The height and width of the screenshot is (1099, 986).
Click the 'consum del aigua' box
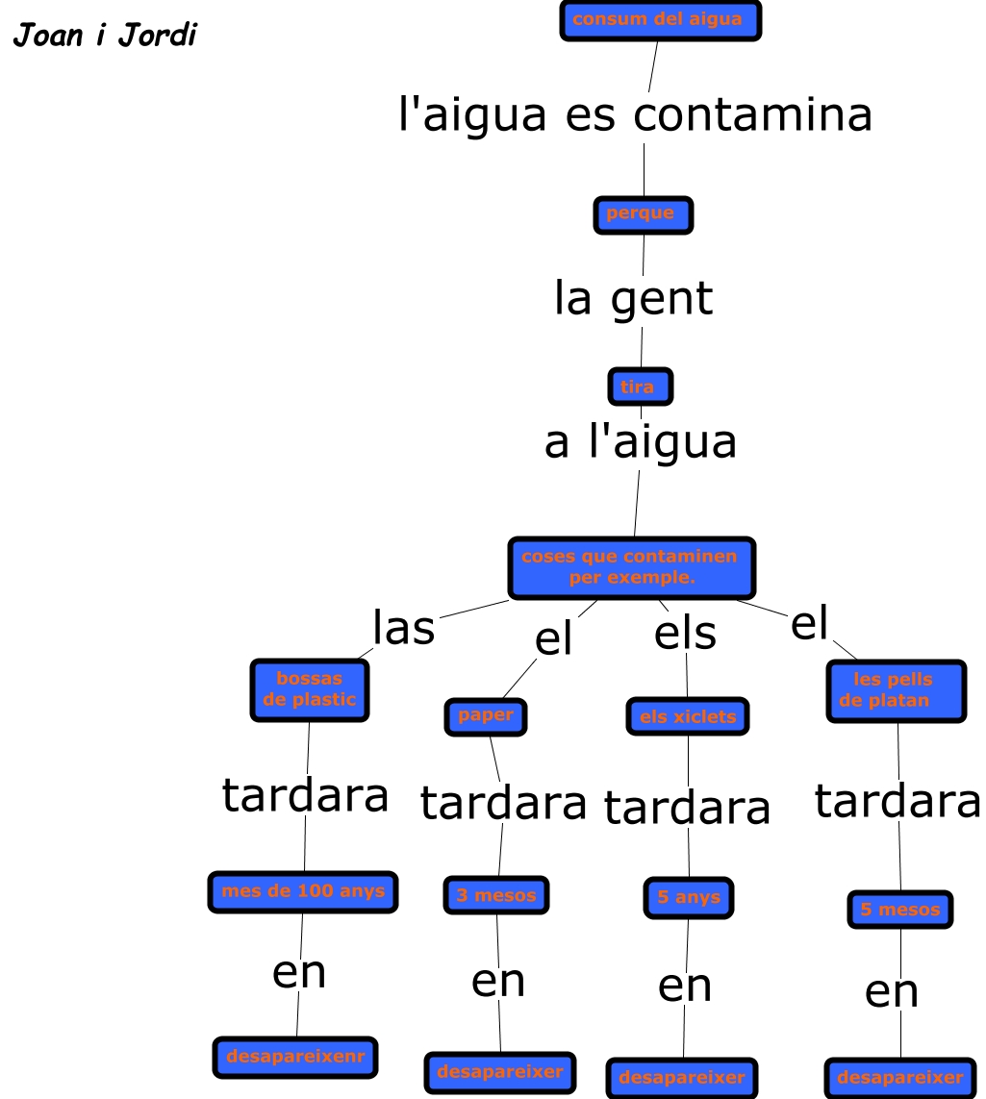click(x=660, y=20)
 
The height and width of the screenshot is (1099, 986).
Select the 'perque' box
click(x=643, y=213)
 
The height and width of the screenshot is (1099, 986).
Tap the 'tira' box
click(x=640, y=387)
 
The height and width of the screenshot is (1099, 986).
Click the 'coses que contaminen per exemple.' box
click(x=631, y=567)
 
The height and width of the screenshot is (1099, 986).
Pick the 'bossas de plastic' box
click(x=310, y=689)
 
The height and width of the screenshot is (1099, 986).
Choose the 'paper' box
click(x=486, y=716)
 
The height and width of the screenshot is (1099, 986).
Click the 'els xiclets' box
click(x=687, y=716)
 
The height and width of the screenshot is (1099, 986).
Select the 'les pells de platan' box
click(x=896, y=690)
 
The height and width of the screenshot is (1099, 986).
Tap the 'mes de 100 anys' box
click(x=303, y=891)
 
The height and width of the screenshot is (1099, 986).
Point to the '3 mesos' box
click(x=496, y=895)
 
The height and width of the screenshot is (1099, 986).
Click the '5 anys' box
click(x=689, y=898)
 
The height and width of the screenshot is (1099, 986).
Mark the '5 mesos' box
click(x=900, y=910)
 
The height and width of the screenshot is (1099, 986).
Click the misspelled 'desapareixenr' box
click(x=295, y=1057)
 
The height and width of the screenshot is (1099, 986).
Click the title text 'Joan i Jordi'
click(x=105, y=37)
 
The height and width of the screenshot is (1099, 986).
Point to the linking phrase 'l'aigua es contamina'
click(x=635, y=114)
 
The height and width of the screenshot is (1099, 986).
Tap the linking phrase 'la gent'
click(x=634, y=298)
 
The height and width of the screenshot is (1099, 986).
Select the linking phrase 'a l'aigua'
click(x=641, y=442)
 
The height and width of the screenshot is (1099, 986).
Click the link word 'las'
click(x=404, y=628)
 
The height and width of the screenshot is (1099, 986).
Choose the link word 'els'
click(x=685, y=634)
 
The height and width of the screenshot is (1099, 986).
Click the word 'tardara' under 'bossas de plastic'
click(x=306, y=795)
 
